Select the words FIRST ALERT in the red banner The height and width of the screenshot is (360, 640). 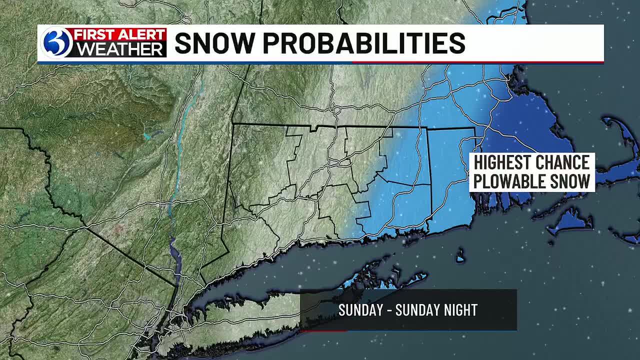(x=120, y=34)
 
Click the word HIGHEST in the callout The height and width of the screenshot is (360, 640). (x=501, y=163)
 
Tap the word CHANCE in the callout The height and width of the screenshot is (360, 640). (x=562, y=163)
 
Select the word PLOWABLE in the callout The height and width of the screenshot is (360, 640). (x=507, y=181)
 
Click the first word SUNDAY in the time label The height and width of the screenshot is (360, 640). (x=360, y=310)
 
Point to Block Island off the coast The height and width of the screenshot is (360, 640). (x=460, y=256)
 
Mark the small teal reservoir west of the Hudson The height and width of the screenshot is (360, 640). (x=147, y=135)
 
